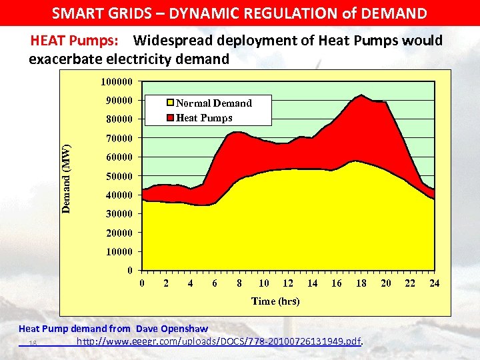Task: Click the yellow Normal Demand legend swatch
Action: [x=171, y=103]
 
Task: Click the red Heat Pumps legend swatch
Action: [x=171, y=118]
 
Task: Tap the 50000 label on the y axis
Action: [x=119, y=176]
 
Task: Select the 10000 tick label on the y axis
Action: [x=119, y=252]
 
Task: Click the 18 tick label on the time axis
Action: [x=361, y=283]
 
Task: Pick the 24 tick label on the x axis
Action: [x=434, y=283]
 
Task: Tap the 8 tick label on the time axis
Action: [x=239, y=283]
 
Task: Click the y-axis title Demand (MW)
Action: [x=66, y=178]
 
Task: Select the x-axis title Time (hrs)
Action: [x=275, y=301]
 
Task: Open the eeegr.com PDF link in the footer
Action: [x=219, y=342]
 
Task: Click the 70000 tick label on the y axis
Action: [x=119, y=138]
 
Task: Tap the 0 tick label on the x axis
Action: [x=142, y=283]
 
